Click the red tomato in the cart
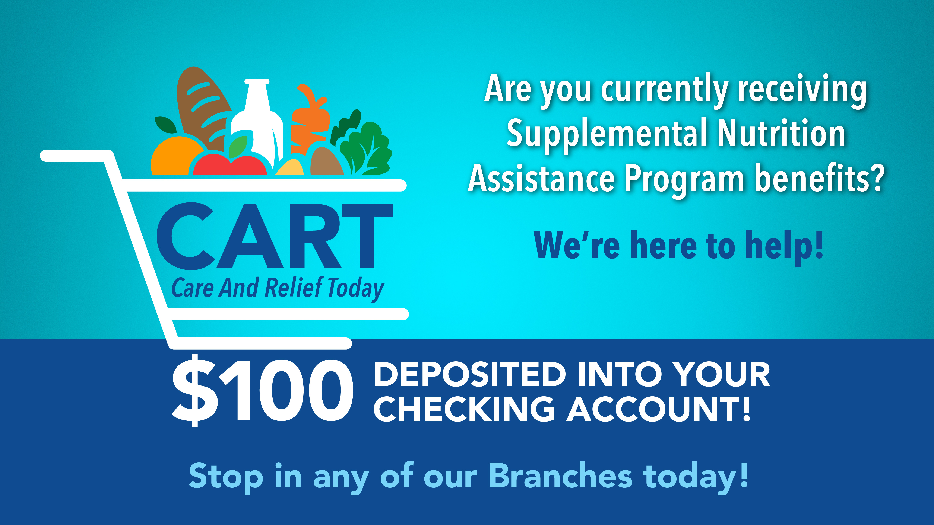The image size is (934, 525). (x=230, y=165)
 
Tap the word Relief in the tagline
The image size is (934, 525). (x=294, y=288)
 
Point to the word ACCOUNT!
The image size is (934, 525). (x=658, y=409)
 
